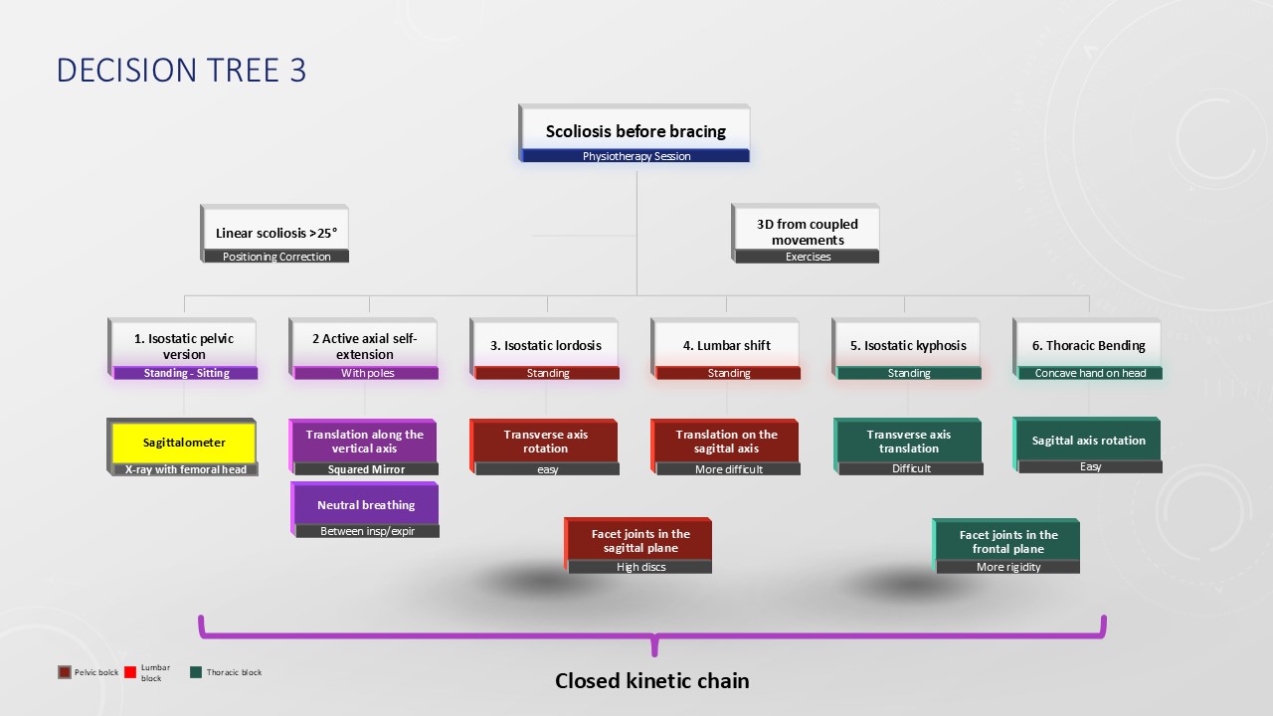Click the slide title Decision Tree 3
(x=181, y=71)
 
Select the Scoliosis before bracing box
(x=636, y=130)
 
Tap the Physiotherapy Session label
(x=636, y=156)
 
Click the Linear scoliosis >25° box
(x=276, y=233)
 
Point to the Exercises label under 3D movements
(x=808, y=257)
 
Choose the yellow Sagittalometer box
(x=184, y=443)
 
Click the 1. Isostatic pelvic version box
(x=184, y=346)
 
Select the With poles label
(x=366, y=373)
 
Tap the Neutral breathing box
(x=366, y=505)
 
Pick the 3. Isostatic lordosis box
(x=546, y=345)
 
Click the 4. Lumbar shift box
(x=727, y=345)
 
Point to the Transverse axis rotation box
(x=546, y=442)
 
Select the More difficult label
(x=729, y=469)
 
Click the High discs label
(x=641, y=567)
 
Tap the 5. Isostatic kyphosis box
(x=908, y=345)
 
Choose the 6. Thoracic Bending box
(x=1088, y=345)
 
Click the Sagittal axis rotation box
(x=1088, y=441)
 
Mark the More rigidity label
(x=1008, y=567)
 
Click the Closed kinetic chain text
(x=651, y=681)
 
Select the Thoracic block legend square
(x=196, y=672)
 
